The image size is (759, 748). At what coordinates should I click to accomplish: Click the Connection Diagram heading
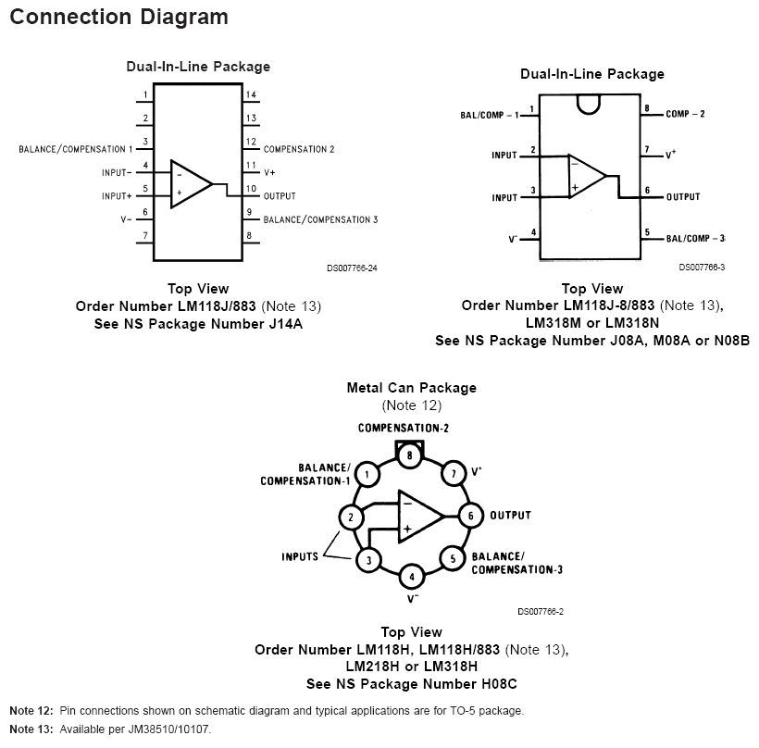click(118, 17)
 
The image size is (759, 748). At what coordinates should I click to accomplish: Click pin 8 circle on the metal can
click(409, 454)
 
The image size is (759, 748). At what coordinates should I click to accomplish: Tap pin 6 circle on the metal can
click(470, 516)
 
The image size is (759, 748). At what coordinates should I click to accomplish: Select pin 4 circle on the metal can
click(411, 577)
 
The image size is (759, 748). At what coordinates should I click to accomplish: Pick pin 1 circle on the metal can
click(368, 475)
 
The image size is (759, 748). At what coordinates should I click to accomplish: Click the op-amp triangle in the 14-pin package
click(191, 183)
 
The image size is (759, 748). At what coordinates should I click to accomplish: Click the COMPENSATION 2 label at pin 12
click(299, 149)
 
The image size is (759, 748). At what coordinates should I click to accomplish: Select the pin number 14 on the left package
click(251, 95)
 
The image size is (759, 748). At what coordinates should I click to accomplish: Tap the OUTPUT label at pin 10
click(280, 196)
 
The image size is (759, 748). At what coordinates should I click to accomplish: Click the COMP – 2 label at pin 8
click(685, 114)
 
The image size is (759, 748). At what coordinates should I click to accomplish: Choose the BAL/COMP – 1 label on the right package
click(489, 115)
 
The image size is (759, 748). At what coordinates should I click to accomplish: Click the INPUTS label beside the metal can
click(300, 556)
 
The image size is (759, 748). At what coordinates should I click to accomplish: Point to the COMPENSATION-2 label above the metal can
click(404, 429)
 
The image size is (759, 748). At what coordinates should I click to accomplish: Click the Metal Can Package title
click(411, 388)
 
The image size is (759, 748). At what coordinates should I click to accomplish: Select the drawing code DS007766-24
click(352, 268)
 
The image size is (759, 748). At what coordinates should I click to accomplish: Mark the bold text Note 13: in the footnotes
click(31, 729)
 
